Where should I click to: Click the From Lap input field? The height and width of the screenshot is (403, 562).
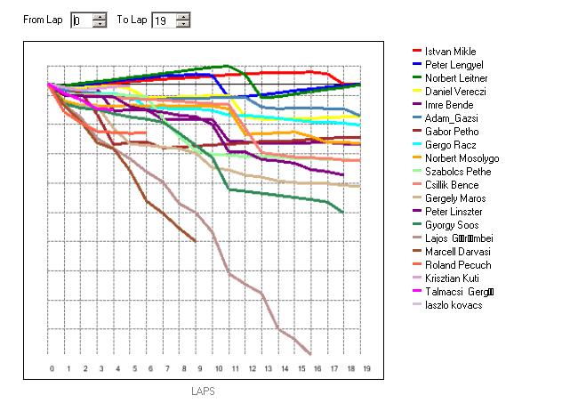pos(81,20)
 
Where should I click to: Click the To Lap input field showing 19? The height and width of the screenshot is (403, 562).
pos(163,20)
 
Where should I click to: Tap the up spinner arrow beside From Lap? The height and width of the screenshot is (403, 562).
pos(100,16)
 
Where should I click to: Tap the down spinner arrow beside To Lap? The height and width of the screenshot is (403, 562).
pos(182,25)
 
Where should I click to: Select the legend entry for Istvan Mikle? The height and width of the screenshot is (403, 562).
pos(450,52)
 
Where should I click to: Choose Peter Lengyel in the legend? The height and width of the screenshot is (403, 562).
pos(454,65)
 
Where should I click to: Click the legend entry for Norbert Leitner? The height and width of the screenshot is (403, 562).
pos(455,78)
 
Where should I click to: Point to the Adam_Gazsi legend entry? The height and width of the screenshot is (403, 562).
pos(453,118)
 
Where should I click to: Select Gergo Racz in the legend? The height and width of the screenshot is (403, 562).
pos(449,145)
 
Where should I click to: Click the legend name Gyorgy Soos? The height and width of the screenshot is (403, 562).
pos(452,225)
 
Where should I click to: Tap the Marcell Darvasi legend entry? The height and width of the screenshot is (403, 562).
pos(457,252)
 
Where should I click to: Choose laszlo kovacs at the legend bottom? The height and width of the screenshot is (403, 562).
pos(452,305)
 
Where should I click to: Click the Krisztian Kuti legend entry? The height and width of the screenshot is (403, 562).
pos(452,278)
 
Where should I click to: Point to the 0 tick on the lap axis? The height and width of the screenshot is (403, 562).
pos(52,367)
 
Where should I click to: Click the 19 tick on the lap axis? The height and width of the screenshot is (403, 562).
pos(366,367)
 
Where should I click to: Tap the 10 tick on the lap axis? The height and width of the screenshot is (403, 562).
pos(218,367)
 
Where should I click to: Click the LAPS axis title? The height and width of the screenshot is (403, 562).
pos(203,391)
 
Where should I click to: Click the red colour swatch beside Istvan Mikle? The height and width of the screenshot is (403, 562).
pos(416,52)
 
